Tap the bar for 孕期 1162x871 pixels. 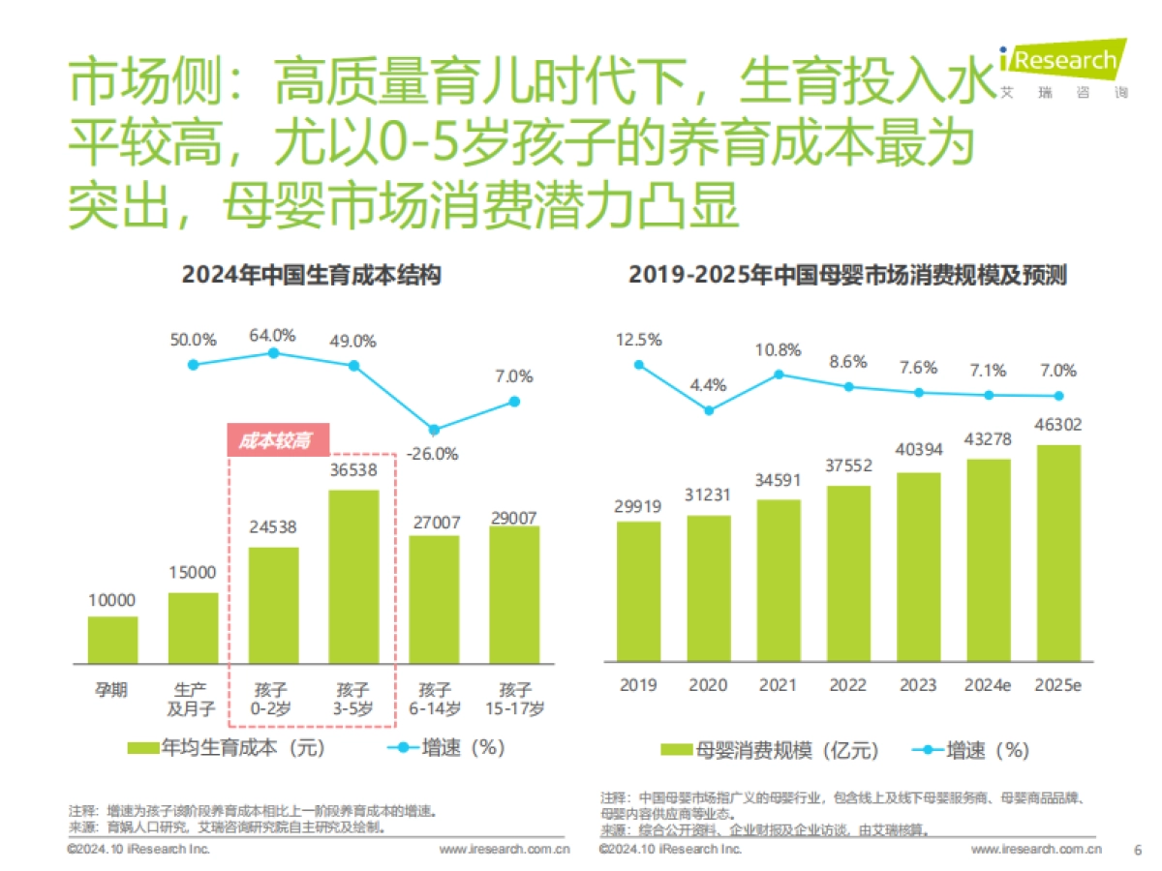point(112,640)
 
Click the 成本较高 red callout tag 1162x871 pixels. point(276,440)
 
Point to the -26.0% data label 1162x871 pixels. point(434,454)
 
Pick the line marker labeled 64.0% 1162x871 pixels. point(273,353)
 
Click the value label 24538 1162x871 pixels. point(273,528)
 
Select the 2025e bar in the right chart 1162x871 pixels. point(1058,553)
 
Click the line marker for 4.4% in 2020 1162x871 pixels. point(709,410)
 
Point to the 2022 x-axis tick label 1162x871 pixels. point(848,685)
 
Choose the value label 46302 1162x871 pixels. point(1058,425)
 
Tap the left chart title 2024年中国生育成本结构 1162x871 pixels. point(312,275)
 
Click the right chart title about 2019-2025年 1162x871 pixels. point(847,275)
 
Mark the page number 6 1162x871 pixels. point(1137,850)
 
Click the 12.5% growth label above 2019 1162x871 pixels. point(638,340)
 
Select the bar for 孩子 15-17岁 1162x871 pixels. point(514,594)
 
